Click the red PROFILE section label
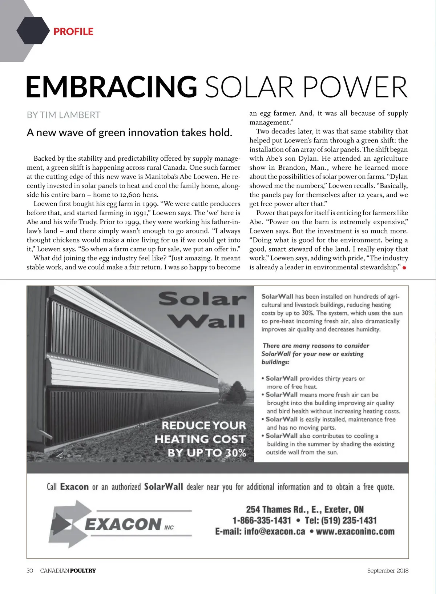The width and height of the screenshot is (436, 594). pyautogui.click(x=73, y=32)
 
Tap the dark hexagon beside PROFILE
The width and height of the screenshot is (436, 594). pyautogui.click(x=33, y=31)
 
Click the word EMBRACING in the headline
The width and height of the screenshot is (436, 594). pyautogui.click(x=111, y=87)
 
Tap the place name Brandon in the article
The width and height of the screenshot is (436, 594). pyautogui.click(x=291, y=168)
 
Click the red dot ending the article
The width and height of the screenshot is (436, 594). pyautogui.click(x=404, y=268)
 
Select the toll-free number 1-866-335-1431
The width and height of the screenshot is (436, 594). pyautogui.click(x=262, y=520)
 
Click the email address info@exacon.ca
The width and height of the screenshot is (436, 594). pyautogui.click(x=274, y=531)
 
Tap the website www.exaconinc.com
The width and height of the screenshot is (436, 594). pyautogui.click(x=355, y=531)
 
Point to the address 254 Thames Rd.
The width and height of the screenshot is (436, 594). pyautogui.click(x=276, y=509)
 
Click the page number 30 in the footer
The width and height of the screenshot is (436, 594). pyautogui.click(x=30, y=570)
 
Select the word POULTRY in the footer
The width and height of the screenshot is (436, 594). pyautogui.click(x=83, y=570)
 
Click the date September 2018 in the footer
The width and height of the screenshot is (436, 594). pyautogui.click(x=387, y=570)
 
